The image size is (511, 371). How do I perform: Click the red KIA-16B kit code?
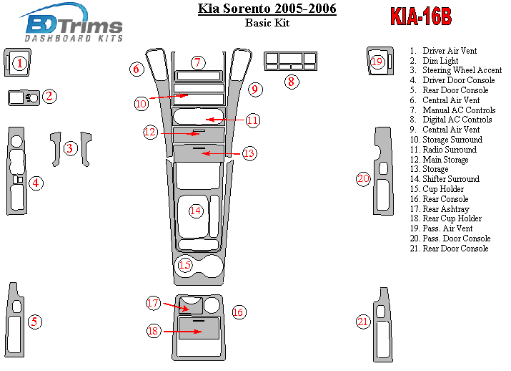click(x=421, y=17)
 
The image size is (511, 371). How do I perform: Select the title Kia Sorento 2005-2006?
click(x=267, y=9)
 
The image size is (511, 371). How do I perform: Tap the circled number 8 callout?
click(x=291, y=82)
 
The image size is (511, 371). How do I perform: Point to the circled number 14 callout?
click(x=196, y=210)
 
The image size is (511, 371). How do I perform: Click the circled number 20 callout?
click(x=364, y=179)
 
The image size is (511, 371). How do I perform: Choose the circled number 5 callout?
click(x=34, y=322)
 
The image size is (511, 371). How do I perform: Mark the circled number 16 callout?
click(x=239, y=312)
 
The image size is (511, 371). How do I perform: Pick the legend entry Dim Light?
click(x=440, y=62)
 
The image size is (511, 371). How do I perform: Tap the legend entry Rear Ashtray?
click(x=446, y=209)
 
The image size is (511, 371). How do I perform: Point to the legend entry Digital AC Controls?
click(x=457, y=120)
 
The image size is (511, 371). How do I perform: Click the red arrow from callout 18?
click(x=182, y=332)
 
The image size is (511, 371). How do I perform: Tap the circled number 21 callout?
click(x=364, y=322)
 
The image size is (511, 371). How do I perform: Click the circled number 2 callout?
click(x=49, y=96)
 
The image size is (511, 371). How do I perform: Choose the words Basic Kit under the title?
click(x=267, y=23)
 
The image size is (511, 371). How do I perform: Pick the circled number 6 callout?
click(x=137, y=69)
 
